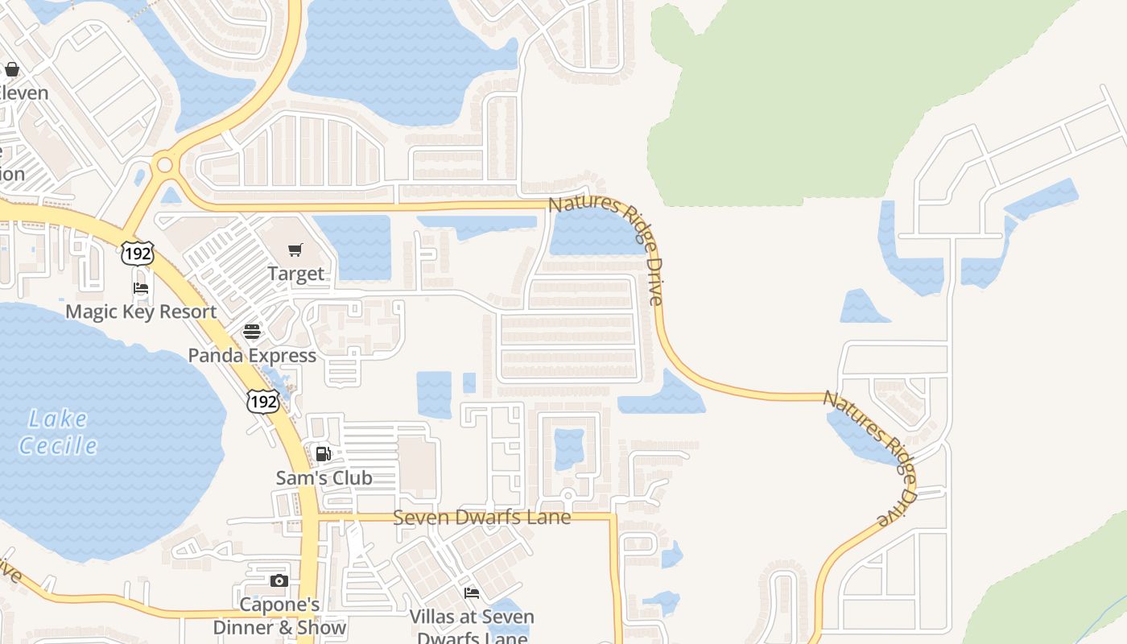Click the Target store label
pyautogui.click(x=296, y=274)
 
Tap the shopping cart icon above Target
pyautogui.click(x=296, y=250)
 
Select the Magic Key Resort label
pyautogui.click(x=141, y=312)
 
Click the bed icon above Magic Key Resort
pyautogui.click(x=141, y=288)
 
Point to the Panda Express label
pyautogui.click(x=252, y=355)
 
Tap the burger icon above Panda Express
pyautogui.click(x=252, y=332)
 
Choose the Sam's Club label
pyautogui.click(x=324, y=477)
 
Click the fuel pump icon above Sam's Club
pyautogui.click(x=323, y=454)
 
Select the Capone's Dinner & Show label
pyautogui.click(x=279, y=616)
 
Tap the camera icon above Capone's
pyautogui.click(x=279, y=580)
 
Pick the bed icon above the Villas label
pyautogui.click(x=472, y=593)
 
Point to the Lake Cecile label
pyautogui.click(x=58, y=431)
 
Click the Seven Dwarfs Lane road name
pyautogui.click(x=481, y=517)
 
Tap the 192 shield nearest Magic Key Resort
pyautogui.click(x=137, y=254)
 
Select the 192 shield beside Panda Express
pyautogui.click(x=264, y=400)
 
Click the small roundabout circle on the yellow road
pyautogui.click(x=165, y=165)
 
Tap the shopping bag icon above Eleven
pyautogui.click(x=12, y=69)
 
